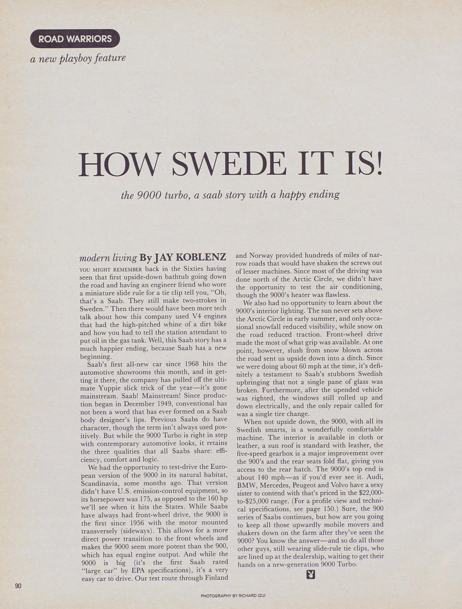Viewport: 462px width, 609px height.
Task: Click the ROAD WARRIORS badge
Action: [75, 39]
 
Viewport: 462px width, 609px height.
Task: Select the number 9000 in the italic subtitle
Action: [149, 195]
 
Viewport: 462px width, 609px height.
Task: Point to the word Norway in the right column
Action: [261, 255]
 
